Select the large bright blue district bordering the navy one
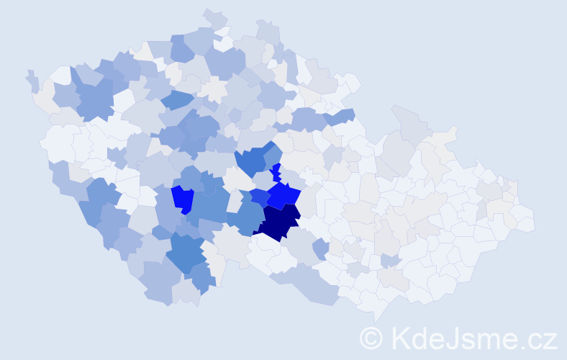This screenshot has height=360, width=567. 284,194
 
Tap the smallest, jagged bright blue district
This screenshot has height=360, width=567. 276,173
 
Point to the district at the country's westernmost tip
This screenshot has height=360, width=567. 31,79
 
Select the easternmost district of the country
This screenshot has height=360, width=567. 525,220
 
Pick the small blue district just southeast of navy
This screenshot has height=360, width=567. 320,249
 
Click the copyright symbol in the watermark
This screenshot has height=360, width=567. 371,338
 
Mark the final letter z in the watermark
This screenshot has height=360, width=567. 549,340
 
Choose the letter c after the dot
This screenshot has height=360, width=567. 534,340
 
